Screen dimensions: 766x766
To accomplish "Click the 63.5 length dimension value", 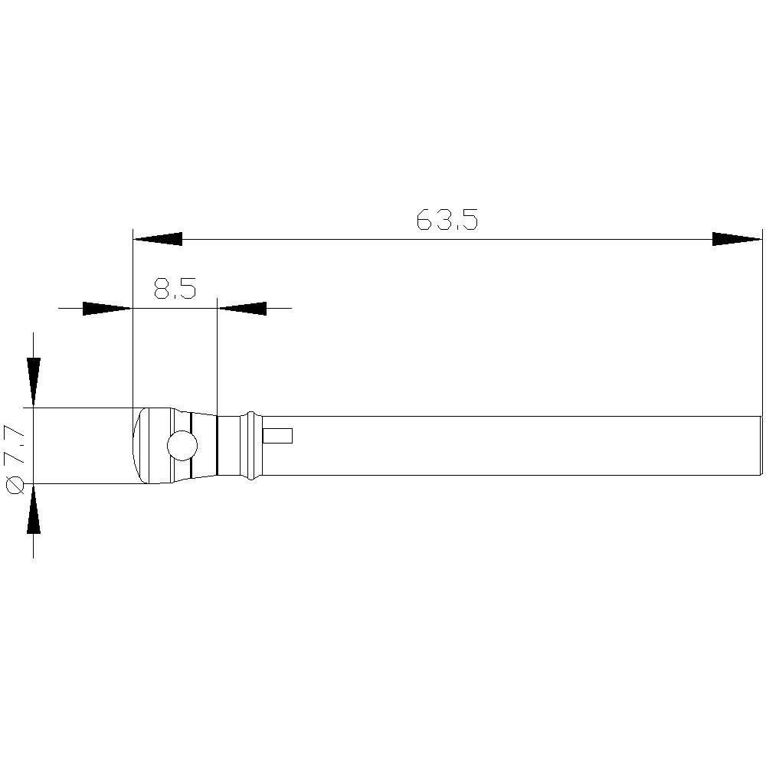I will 447,221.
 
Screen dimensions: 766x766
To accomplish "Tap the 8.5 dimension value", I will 175,290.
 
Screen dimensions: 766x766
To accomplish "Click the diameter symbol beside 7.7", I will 15,485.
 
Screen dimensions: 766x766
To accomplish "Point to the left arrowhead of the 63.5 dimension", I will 157,239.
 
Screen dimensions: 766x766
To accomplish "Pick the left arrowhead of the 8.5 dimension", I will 107,308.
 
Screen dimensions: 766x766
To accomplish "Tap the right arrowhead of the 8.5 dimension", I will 243,308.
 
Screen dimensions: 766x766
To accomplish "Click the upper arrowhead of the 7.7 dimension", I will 33,381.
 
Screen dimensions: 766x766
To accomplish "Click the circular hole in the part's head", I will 182,446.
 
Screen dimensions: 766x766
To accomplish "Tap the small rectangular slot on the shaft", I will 277,436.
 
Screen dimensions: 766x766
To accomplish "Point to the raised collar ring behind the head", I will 251,446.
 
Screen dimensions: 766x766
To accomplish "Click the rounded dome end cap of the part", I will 139,446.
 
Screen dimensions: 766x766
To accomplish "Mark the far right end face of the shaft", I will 761,446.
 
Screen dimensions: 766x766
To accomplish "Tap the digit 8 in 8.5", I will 162,290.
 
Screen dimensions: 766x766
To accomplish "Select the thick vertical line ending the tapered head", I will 218,446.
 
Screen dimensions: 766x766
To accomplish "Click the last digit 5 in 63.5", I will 470,221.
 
